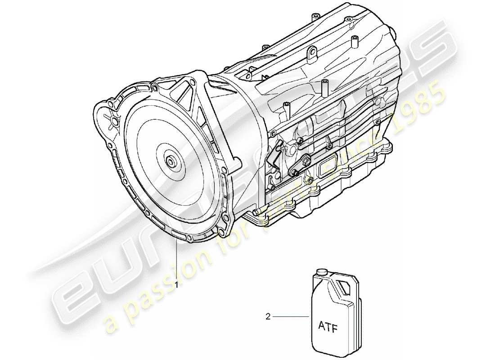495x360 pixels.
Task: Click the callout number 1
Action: [x=177, y=285]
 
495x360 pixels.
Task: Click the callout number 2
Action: [x=268, y=317]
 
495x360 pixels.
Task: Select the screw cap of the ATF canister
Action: [x=321, y=272]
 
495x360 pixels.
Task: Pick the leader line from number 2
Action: [x=290, y=317]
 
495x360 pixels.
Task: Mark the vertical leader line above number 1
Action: [x=177, y=261]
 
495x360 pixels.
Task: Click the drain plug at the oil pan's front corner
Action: [x=256, y=213]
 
